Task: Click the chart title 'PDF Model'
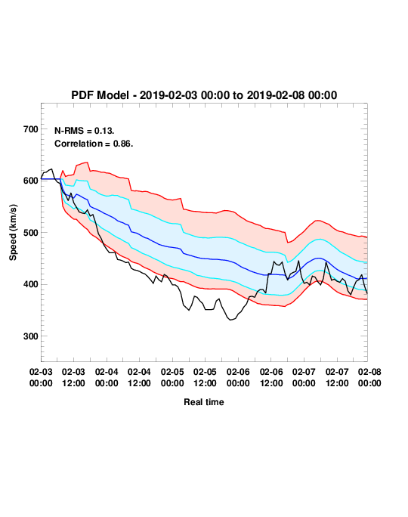[x=100, y=95]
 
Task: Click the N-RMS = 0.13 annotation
[x=84, y=131]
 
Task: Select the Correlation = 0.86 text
[x=94, y=144]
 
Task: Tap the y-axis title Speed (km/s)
[x=13, y=233]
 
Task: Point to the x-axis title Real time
[x=204, y=402]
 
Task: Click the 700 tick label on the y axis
[x=31, y=129]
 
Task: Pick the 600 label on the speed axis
[x=31, y=181]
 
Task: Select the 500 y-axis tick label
[x=31, y=233]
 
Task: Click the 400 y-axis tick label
[x=31, y=284]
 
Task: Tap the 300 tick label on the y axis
[x=31, y=336]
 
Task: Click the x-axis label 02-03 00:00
[x=41, y=377]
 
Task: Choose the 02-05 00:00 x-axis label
[x=172, y=377]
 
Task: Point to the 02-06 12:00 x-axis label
[x=271, y=377]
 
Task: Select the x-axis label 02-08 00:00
[x=369, y=377]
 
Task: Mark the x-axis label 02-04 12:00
[x=139, y=377]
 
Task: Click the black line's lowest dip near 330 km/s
[x=230, y=320]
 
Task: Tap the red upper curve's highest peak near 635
[x=87, y=163]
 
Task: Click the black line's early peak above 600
[x=51, y=169]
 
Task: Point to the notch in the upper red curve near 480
[x=287, y=243]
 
